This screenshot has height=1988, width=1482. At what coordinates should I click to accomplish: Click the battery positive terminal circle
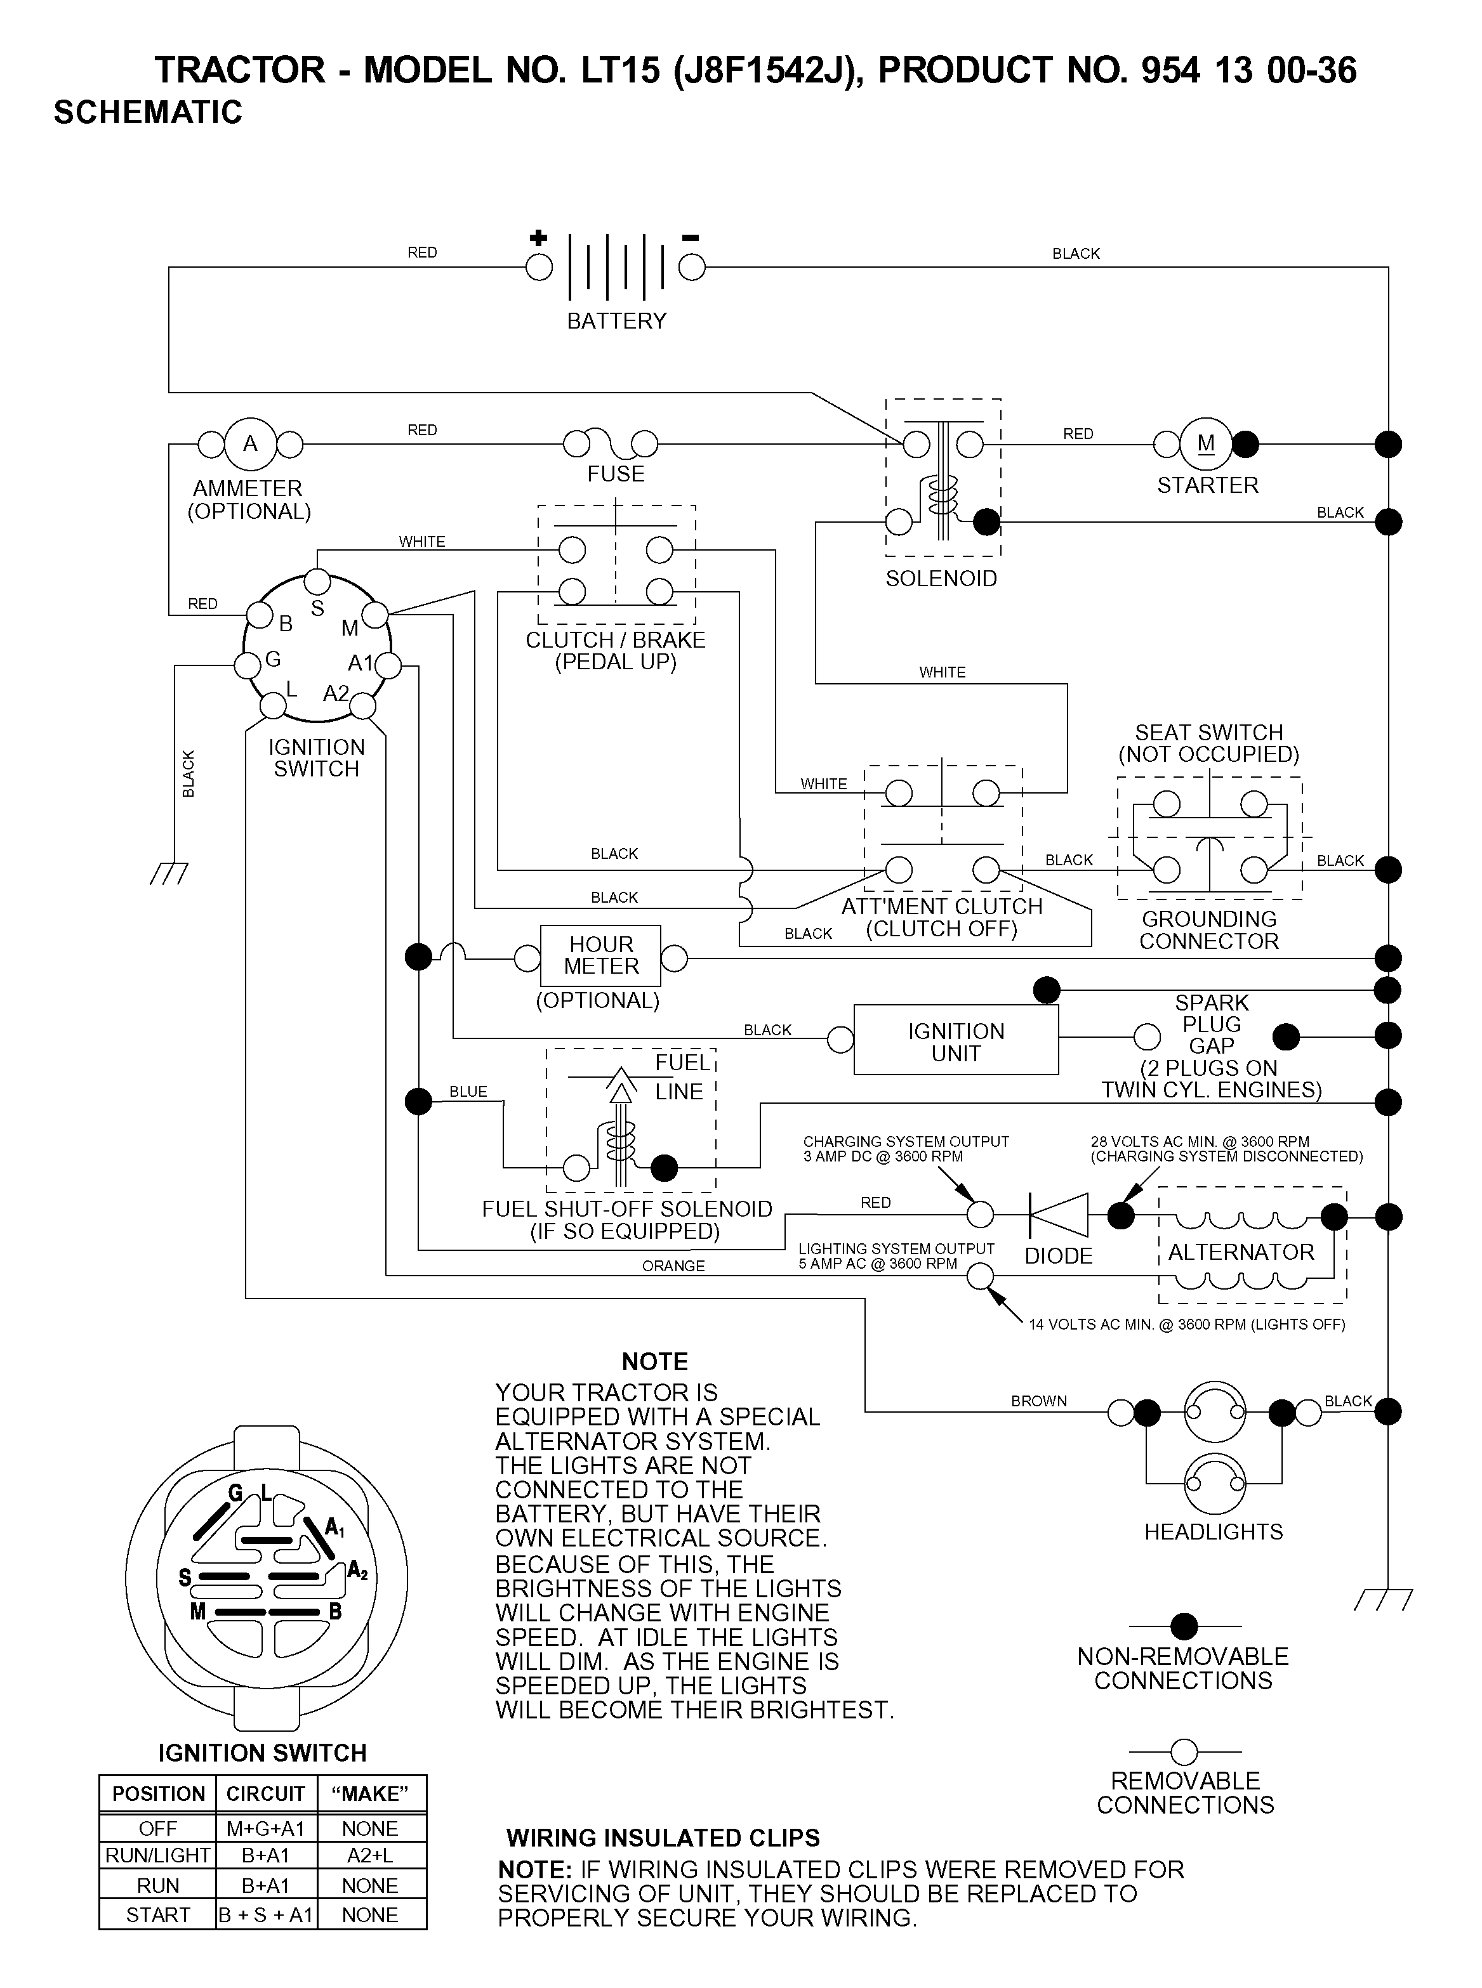coord(538,267)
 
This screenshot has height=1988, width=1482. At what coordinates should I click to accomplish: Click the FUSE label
coord(616,473)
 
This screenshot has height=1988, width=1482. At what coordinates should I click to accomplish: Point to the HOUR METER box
coord(600,956)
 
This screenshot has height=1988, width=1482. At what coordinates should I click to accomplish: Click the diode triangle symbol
coord(1059,1215)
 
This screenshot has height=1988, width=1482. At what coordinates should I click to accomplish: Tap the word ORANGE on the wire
coord(673,1266)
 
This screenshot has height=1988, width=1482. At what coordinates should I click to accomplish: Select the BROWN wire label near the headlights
coord(1039,1401)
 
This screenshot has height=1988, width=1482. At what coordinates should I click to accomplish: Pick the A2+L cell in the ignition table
coord(369,1855)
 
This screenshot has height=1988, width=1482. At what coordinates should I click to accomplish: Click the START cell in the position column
coord(158,1915)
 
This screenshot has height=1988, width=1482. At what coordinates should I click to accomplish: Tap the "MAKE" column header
coord(369,1793)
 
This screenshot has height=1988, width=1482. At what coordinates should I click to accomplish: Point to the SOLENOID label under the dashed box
coord(941,579)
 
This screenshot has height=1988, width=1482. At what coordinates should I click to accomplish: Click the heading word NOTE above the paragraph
coord(655,1361)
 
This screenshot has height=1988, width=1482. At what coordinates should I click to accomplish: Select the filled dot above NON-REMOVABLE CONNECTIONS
coord(1184,1626)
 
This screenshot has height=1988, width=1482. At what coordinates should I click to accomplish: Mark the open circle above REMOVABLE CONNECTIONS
coord(1184,1751)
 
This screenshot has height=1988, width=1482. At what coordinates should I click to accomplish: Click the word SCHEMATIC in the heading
coord(148,112)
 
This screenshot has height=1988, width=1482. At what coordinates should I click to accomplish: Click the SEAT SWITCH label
coord(1208,733)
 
